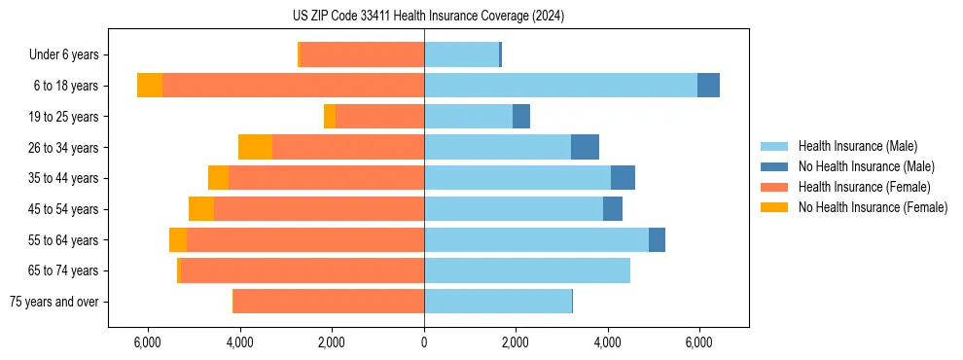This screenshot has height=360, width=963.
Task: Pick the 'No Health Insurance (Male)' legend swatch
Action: tap(775, 166)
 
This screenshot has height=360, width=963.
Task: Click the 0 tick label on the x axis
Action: tap(424, 342)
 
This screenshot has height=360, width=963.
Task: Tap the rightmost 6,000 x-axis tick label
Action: tap(699, 342)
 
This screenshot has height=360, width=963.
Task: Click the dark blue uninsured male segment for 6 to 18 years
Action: tap(708, 86)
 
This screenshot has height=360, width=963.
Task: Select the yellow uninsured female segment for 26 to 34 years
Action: tap(255, 147)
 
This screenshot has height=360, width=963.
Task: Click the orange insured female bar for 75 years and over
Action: tap(329, 302)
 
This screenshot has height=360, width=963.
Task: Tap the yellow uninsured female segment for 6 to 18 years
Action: tap(150, 86)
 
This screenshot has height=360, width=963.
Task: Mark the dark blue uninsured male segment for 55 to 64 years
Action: tap(657, 239)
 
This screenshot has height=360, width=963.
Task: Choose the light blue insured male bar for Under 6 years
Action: tap(461, 55)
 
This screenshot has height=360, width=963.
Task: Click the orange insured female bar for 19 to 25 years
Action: tap(379, 117)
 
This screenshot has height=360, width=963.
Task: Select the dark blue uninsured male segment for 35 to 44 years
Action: tap(623, 178)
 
